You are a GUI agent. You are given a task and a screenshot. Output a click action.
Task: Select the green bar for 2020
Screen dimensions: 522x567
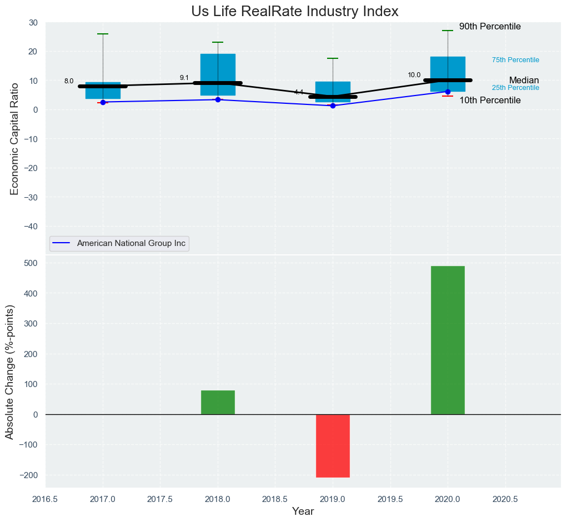tap(448, 340)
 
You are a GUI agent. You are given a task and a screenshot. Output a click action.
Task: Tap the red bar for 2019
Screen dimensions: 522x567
tap(333, 445)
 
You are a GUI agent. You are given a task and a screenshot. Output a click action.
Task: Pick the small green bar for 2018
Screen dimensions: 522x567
tap(218, 402)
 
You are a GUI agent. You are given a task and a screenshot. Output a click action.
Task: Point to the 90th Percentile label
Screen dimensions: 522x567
tap(490, 27)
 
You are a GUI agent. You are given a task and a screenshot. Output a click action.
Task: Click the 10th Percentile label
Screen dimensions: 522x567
tap(490, 101)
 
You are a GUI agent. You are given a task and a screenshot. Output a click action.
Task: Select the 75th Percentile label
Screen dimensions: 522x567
tap(515, 60)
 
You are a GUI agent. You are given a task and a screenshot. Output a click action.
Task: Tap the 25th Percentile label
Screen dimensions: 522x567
tap(515, 88)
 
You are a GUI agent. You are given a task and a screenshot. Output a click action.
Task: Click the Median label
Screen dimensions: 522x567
tap(524, 81)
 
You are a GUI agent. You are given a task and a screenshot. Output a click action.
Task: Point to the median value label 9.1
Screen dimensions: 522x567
tap(184, 78)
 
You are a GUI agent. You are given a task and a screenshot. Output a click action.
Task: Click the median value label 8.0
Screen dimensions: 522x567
tap(69, 81)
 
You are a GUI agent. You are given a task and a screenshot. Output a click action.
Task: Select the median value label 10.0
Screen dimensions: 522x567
tap(414, 75)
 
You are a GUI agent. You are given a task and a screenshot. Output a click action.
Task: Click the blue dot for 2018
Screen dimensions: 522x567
tap(218, 99)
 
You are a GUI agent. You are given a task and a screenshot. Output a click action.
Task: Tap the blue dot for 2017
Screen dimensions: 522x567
tap(103, 102)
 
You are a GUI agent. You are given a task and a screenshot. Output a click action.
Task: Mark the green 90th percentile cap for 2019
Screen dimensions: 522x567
tap(333, 58)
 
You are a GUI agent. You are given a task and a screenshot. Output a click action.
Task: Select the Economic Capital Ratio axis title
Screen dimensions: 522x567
tap(15, 139)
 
